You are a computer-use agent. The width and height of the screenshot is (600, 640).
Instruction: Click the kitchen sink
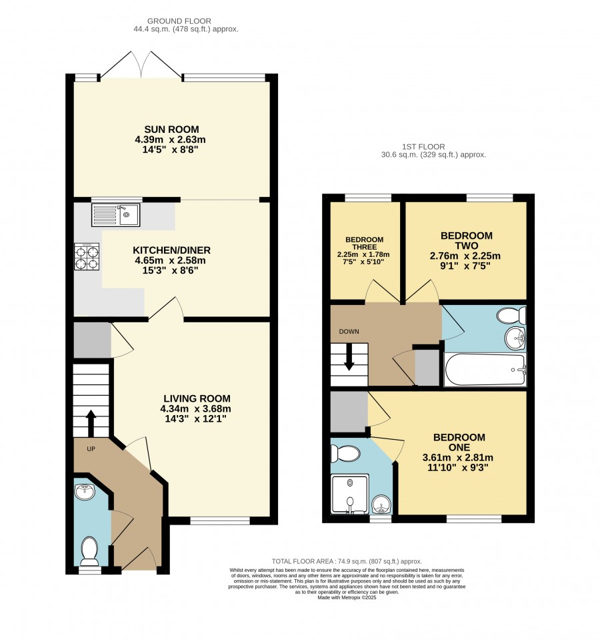[116, 215]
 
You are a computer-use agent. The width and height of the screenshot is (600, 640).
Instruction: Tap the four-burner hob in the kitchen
[87, 256]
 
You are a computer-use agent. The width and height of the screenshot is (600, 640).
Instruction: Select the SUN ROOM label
[171, 129]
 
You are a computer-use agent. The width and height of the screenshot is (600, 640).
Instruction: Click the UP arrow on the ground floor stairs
[91, 424]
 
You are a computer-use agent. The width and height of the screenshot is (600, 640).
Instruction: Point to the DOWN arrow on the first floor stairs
[349, 357]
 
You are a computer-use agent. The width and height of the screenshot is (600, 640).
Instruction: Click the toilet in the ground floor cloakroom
[90, 551]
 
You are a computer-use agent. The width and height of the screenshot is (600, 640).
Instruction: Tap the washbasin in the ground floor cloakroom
[85, 492]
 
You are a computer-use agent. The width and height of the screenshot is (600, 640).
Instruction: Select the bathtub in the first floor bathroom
[485, 370]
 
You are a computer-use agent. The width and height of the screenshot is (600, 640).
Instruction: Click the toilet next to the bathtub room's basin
[511, 316]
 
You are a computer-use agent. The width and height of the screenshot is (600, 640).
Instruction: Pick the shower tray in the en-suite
[350, 493]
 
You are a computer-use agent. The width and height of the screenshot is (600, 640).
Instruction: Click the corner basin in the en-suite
[381, 505]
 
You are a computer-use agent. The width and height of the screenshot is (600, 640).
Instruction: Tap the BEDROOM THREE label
[365, 244]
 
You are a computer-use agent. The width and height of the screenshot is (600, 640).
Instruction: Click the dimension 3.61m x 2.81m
[458, 458]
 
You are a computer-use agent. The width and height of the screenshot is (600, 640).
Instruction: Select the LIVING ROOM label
[197, 398]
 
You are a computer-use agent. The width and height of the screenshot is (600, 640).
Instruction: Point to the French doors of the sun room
[141, 65]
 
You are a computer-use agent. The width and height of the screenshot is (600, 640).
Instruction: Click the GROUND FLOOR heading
[179, 21]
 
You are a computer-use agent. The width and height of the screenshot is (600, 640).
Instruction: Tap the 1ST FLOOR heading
[423, 147]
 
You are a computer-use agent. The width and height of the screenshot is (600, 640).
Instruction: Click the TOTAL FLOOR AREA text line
[347, 562]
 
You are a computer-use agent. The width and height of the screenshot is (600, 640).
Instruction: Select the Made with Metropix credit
[347, 597]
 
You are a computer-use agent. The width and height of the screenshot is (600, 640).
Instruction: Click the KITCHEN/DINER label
[171, 250]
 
